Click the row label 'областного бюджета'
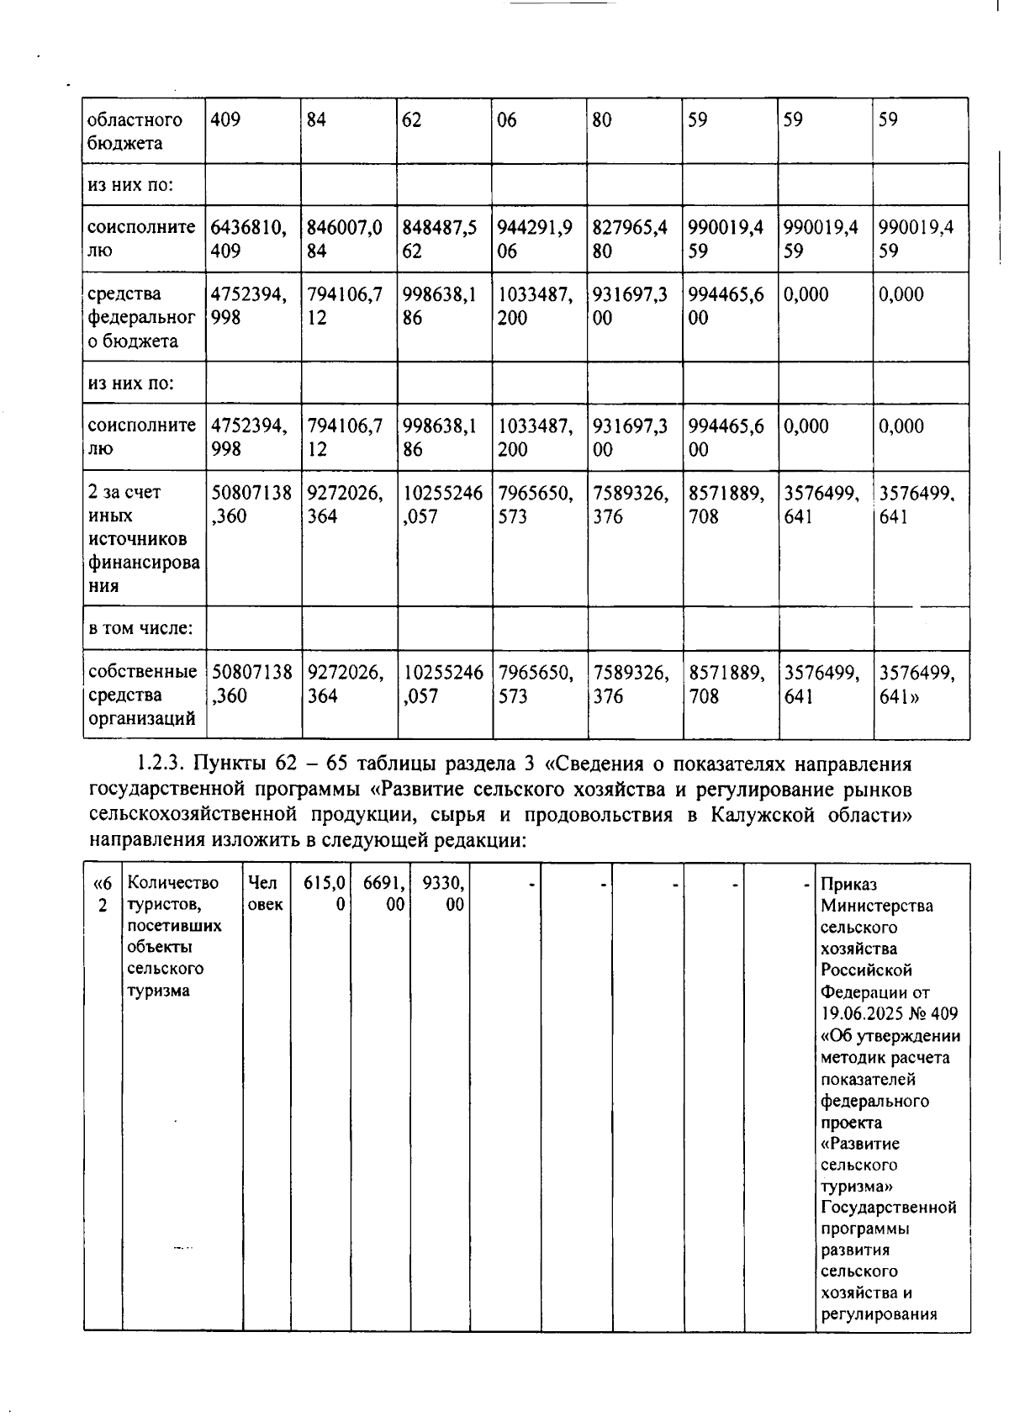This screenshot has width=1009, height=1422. coord(135,131)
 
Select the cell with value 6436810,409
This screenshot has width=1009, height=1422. coord(248,239)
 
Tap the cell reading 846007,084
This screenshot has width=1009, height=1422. coord(344,239)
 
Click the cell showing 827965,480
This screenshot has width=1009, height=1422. coord(630,239)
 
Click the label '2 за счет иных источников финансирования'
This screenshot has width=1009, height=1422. coord(143,538)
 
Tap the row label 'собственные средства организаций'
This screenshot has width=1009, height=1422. coord(142,695)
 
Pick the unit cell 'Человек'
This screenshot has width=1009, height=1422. coord(266,893)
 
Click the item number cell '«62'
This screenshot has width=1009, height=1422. coord(102,893)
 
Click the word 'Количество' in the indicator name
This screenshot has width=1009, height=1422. coord(172,883)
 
